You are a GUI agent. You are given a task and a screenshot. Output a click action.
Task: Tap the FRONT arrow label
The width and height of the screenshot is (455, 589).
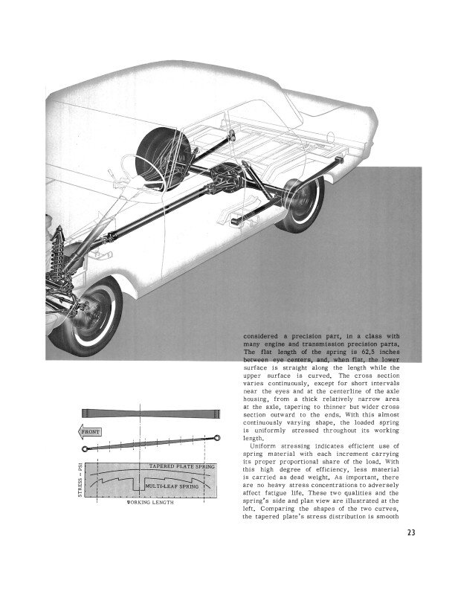[x=91, y=431]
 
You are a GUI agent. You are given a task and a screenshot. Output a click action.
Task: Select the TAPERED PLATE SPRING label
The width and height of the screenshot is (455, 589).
[x=181, y=466]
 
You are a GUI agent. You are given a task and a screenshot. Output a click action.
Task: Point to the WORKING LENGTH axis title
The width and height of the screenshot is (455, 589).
[x=149, y=503]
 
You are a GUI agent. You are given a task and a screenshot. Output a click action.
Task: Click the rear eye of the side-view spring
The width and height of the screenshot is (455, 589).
[x=219, y=438]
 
